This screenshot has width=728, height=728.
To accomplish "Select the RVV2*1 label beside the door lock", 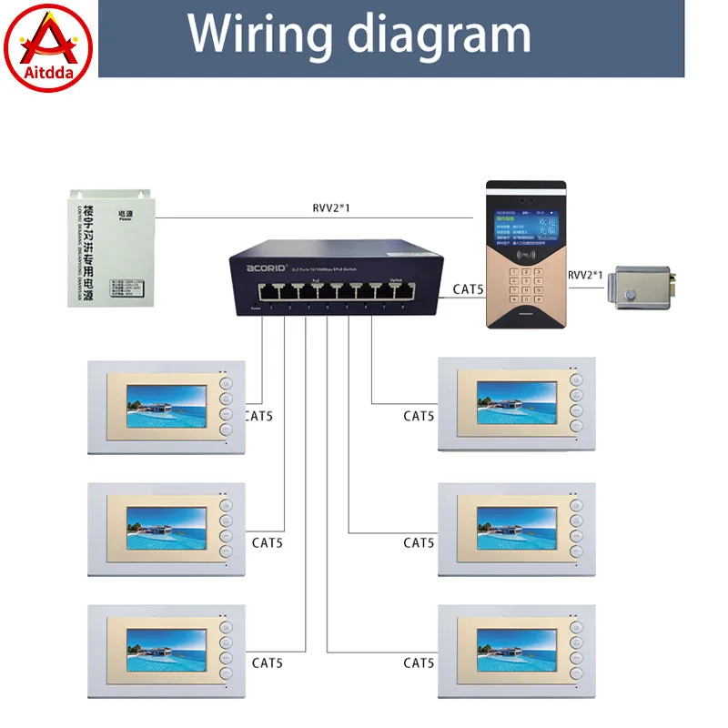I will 591,274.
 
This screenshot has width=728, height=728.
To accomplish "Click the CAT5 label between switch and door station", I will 469,290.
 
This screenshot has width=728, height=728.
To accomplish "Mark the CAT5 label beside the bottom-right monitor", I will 419,663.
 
